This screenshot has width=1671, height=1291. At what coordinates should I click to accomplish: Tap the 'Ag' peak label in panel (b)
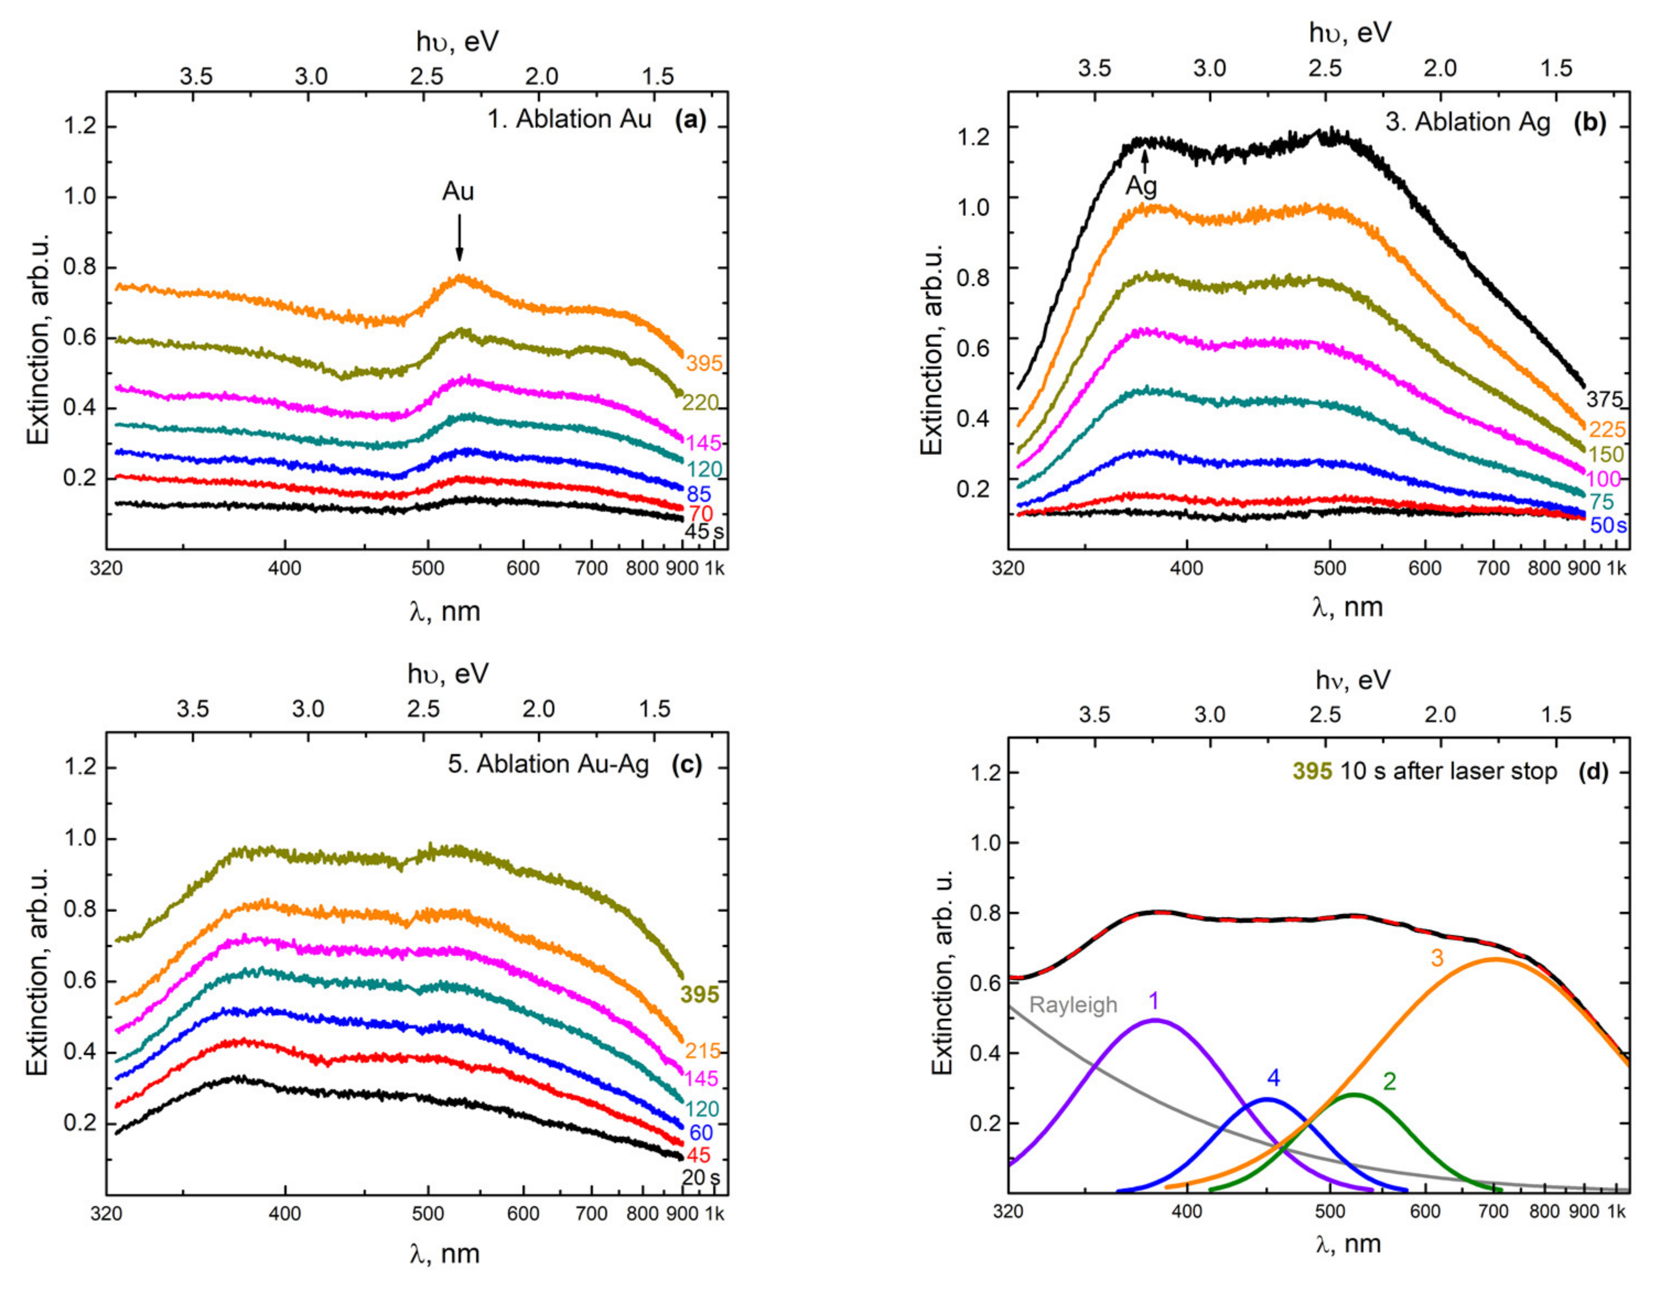1141,186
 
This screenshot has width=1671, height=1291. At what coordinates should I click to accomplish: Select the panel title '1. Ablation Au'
569,120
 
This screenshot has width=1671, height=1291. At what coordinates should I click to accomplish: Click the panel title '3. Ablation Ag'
1468,122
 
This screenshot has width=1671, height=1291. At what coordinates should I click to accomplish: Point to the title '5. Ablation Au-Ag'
548,764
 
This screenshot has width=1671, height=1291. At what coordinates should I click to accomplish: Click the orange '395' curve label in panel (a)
703,364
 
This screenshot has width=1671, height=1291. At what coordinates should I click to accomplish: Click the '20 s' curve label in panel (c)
700,1177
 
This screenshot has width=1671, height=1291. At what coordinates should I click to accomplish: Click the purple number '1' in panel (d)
1154,1000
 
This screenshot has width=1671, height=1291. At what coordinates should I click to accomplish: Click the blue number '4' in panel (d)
1273,1078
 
